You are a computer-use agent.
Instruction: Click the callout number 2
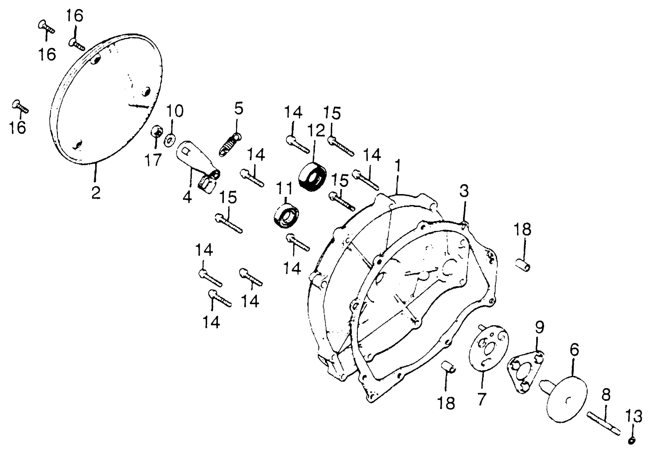pyautogui.click(x=96, y=193)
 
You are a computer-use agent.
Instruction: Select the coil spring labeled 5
pyautogui.click(x=230, y=145)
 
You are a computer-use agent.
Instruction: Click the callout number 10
pyautogui.click(x=174, y=111)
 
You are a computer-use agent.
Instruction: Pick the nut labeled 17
pyautogui.click(x=157, y=131)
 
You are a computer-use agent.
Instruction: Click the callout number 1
pyautogui.click(x=398, y=166)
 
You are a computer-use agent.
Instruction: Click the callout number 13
pyautogui.click(x=634, y=416)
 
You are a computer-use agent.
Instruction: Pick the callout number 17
pyautogui.click(x=153, y=160)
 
